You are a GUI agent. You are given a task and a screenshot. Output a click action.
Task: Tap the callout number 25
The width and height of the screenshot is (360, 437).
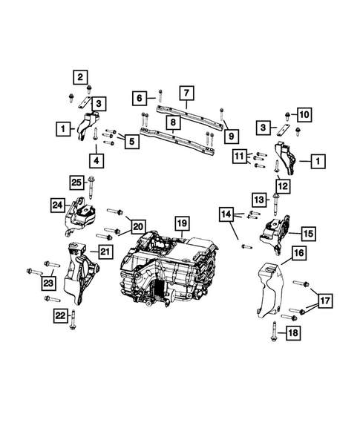[x=77, y=181]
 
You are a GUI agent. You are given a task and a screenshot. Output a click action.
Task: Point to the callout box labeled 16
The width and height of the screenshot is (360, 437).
[x=298, y=254]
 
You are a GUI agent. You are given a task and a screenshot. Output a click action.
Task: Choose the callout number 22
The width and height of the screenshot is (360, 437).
[x=59, y=315]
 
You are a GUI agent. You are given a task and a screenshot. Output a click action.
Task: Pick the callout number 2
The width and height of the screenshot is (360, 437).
[x=79, y=76]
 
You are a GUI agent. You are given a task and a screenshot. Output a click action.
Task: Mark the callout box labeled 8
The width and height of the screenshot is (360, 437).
[x=171, y=122]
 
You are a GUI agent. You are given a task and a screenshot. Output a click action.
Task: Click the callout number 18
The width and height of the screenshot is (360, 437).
[x=293, y=334]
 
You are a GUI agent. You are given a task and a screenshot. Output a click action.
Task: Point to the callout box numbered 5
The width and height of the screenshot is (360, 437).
[x=131, y=139]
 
